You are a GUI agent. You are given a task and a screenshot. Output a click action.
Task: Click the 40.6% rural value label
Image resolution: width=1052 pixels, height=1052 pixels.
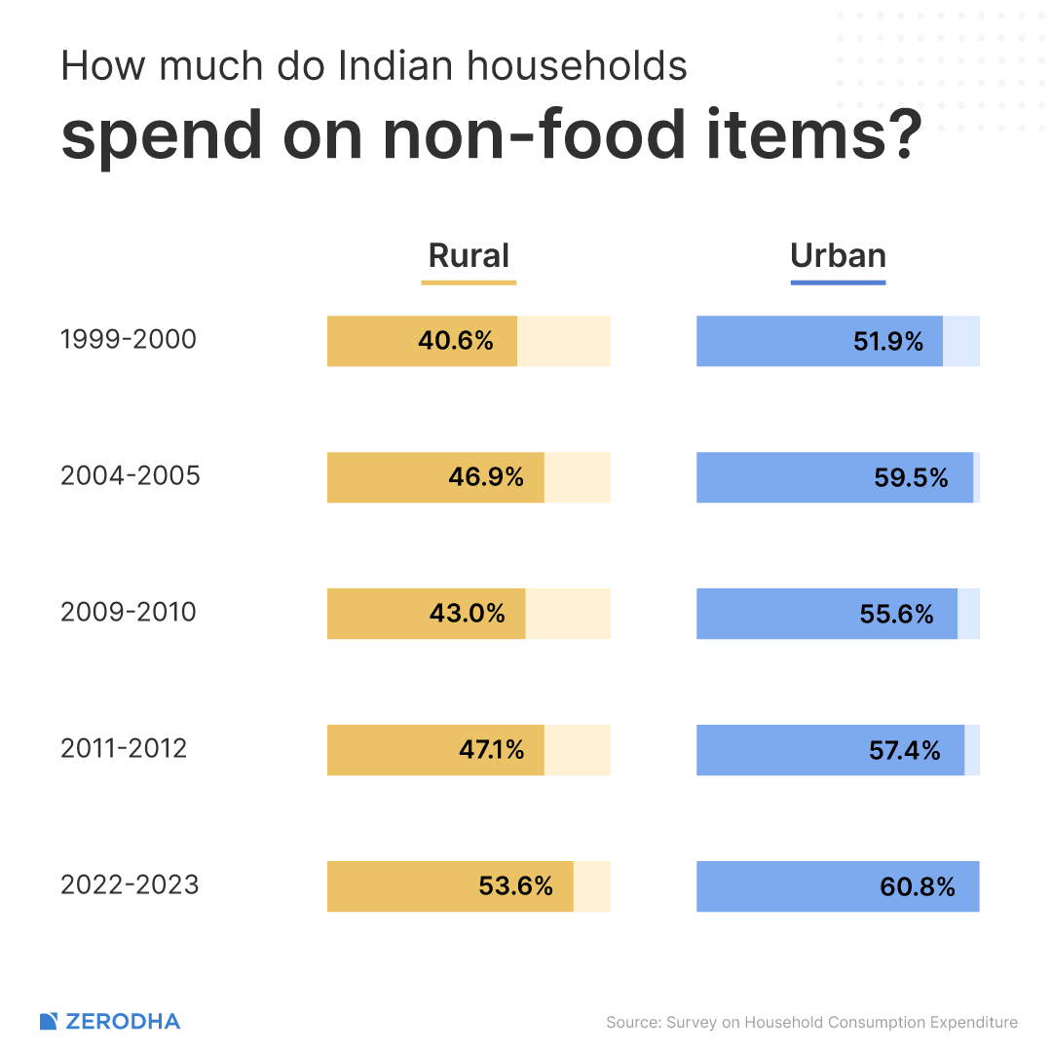coord(455,341)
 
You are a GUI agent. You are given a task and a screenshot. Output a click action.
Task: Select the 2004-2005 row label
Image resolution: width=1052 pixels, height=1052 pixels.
coord(131,476)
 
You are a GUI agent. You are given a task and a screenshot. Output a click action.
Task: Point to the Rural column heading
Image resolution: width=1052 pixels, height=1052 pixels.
coord(469,255)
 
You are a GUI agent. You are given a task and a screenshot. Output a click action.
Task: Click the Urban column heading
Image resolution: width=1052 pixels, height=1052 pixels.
coord(838,255)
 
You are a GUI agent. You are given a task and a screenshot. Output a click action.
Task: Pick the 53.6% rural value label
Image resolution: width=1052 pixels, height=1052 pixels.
coord(515,886)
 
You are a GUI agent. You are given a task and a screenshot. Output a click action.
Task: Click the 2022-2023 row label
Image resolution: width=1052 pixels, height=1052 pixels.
coord(130,885)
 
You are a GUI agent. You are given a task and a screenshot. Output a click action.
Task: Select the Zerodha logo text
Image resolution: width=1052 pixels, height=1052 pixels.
coord(122,1022)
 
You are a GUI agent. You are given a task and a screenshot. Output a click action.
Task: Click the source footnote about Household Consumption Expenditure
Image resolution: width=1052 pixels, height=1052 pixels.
coord(811,1022)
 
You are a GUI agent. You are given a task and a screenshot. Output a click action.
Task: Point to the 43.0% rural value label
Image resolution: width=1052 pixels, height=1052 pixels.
coord(467,614)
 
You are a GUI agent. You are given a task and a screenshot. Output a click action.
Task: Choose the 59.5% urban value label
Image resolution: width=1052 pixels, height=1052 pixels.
coord(911,477)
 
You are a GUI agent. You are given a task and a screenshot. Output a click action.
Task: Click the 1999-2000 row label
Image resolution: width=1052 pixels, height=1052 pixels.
coord(129,340)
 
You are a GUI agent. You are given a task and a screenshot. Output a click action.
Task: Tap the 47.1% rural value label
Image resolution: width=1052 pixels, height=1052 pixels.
coord(491,750)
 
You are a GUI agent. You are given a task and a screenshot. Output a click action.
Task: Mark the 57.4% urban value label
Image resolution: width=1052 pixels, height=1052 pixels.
coord(904,750)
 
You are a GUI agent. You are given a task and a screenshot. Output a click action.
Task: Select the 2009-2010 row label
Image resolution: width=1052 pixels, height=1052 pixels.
coord(129,613)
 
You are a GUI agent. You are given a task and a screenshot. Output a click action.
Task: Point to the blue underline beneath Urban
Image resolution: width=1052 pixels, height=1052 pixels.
coord(838,282)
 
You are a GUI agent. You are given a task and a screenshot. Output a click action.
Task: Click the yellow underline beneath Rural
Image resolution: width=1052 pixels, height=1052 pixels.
coord(469,282)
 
